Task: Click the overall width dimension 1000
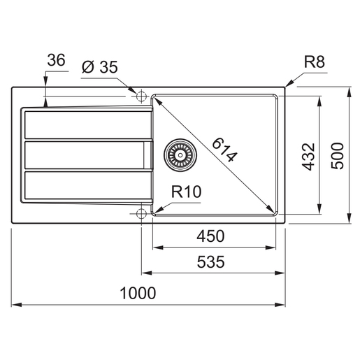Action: click(138, 293)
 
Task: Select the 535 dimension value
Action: click(210, 262)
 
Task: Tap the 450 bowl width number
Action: click(210, 236)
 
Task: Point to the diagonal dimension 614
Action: click(225, 150)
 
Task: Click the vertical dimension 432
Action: click(308, 157)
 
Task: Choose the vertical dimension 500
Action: click(337, 156)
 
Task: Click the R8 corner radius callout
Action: click(315, 62)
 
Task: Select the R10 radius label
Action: click(186, 192)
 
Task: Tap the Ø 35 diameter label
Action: click(100, 67)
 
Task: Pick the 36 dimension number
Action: click(56, 60)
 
